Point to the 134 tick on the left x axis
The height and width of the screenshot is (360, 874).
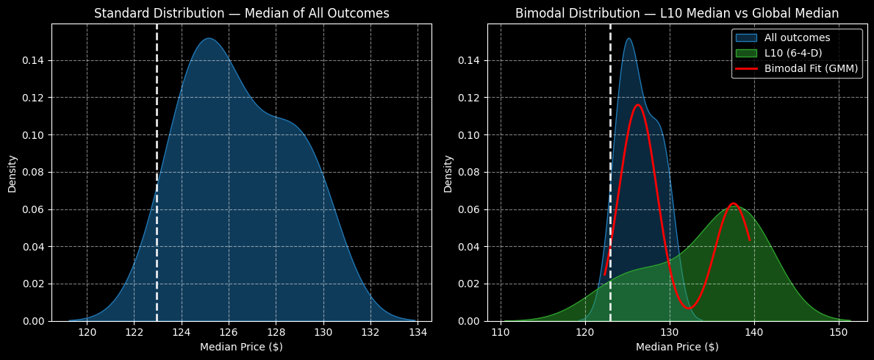[x=418, y=331]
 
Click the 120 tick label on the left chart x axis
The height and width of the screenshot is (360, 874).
[x=87, y=331]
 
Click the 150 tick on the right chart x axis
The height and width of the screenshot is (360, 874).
[x=838, y=331]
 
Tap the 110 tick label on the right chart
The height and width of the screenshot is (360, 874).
[x=501, y=331]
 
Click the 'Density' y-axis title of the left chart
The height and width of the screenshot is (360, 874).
[x=12, y=173]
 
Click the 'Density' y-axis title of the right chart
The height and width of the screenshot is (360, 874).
[x=448, y=173]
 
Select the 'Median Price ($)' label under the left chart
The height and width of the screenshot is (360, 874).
[x=241, y=347]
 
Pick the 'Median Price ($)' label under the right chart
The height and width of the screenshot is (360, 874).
[x=676, y=347]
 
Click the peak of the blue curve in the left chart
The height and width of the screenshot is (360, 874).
[x=209, y=38]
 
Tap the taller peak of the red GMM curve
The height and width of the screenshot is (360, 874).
[x=637, y=104]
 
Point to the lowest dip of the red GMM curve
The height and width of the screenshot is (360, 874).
[x=688, y=309]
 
